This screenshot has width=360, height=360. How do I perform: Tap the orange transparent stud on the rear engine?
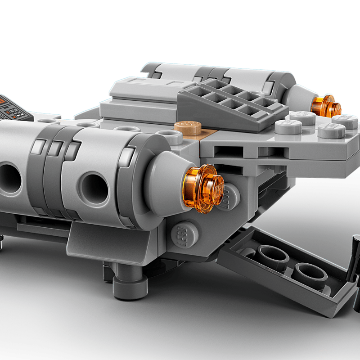click(327, 106)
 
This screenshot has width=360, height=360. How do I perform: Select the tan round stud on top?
click(188, 128)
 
